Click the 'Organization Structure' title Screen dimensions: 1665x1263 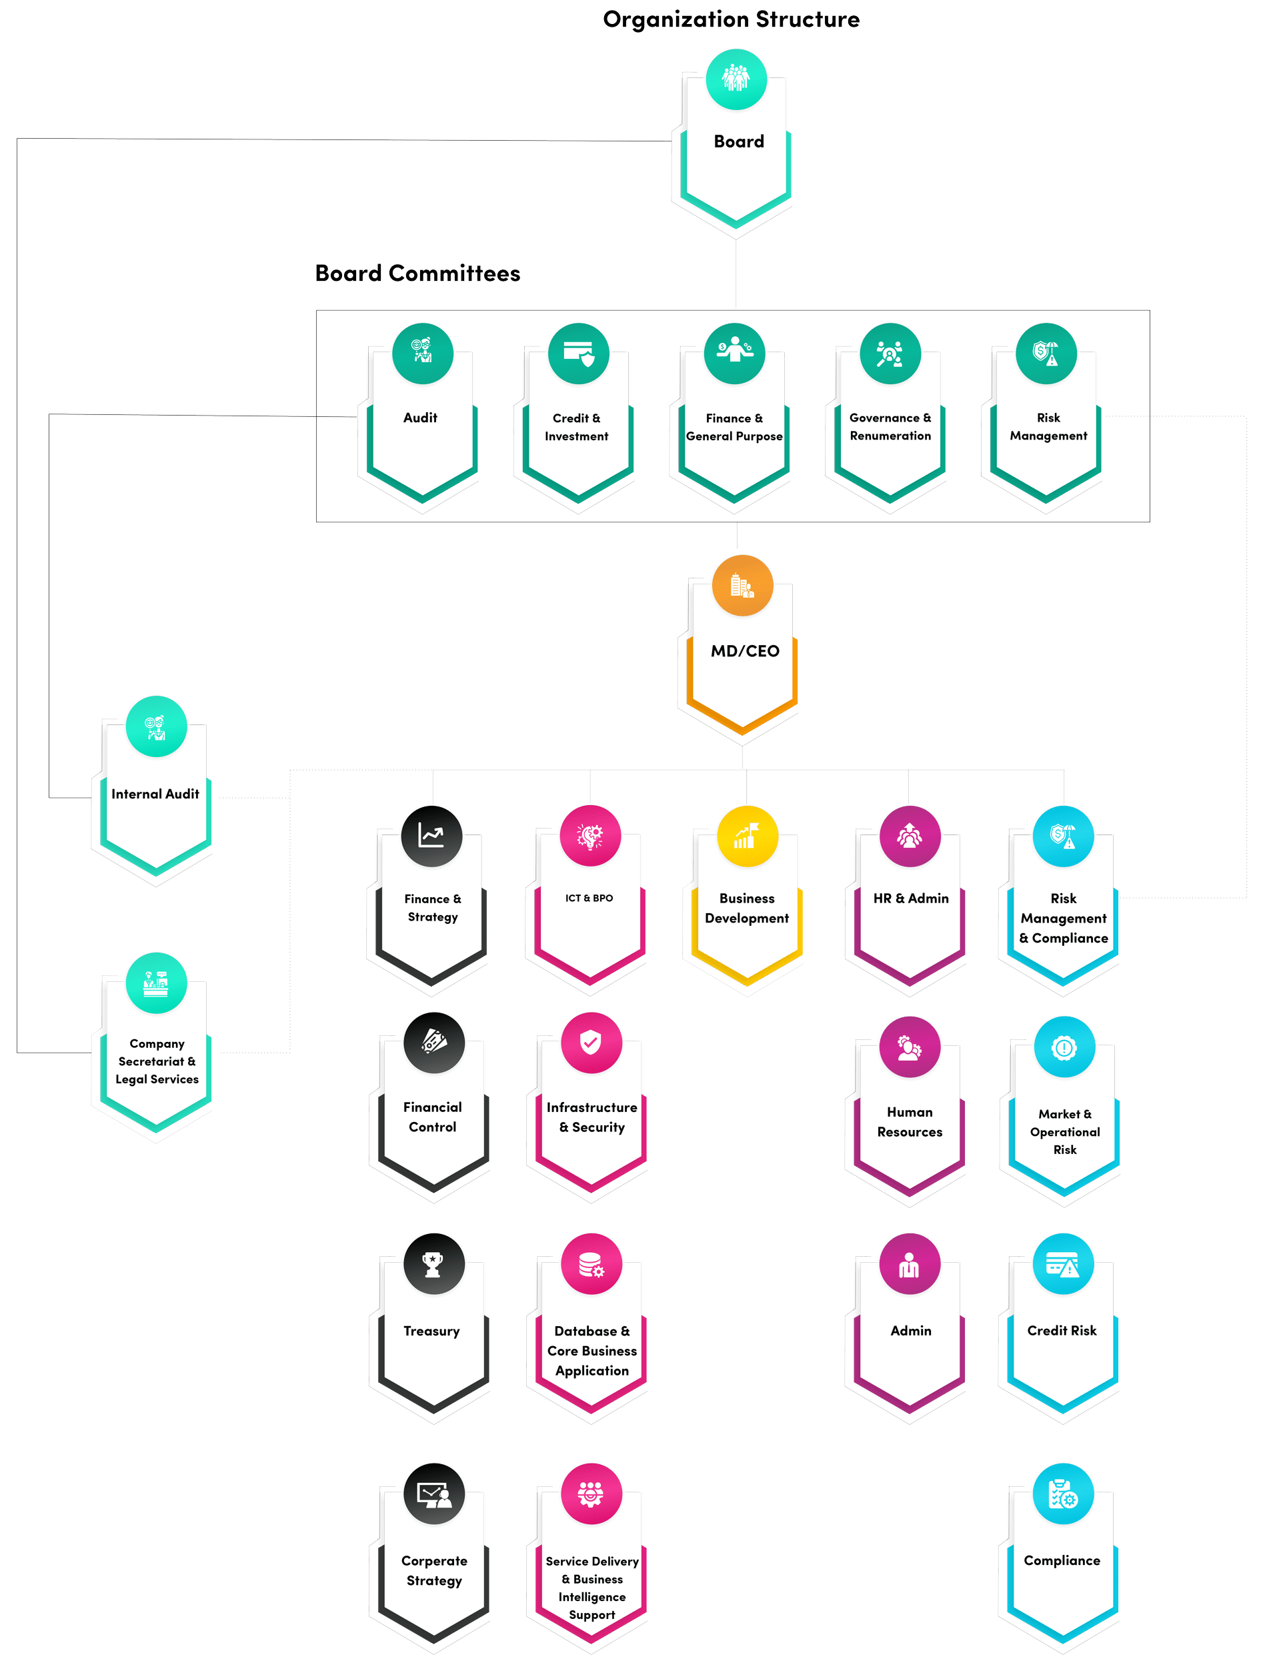click(x=731, y=19)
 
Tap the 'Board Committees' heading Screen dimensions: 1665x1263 click(x=417, y=273)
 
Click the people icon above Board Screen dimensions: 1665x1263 click(x=736, y=78)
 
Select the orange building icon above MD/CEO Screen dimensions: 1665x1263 click(x=742, y=586)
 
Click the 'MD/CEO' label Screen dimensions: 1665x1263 click(x=744, y=651)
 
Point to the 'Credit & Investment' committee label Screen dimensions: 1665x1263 click(x=577, y=427)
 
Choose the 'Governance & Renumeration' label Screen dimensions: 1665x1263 click(x=890, y=427)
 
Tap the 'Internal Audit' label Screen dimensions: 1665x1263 click(x=155, y=794)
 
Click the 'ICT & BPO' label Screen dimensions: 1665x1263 click(x=589, y=898)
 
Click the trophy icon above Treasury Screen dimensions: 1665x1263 click(x=433, y=1265)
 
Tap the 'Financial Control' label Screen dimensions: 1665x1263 click(x=432, y=1117)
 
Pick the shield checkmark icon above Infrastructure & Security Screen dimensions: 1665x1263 click(x=591, y=1043)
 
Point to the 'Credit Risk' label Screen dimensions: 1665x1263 click(x=1062, y=1331)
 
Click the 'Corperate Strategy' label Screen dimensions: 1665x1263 click(x=433, y=1571)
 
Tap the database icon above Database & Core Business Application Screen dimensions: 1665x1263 click(x=591, y=1265)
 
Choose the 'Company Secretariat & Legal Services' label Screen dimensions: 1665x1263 click(x=157, y=1061)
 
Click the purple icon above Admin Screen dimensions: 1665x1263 click(x=909, y=1265)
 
